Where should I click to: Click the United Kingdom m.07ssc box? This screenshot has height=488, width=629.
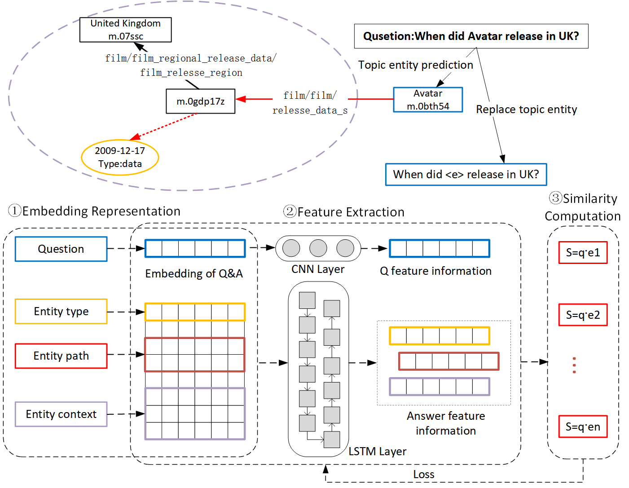click(125, 30)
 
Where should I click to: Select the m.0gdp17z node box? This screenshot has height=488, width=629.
click(200, 101)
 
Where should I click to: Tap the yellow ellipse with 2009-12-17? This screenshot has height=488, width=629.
click(120, 157)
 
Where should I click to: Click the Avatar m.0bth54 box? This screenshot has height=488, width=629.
click(428, 100)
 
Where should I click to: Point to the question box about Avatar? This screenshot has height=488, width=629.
click(471, 36)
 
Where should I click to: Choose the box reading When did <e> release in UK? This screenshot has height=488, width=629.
click(466, 174)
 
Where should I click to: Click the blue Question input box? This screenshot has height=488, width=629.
click(61, 249)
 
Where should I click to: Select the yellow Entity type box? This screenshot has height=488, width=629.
click(61, 312)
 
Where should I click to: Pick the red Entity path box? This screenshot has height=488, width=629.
click(61, 356)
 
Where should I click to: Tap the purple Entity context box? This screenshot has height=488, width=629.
click(61, 414)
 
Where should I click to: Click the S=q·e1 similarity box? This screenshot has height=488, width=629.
click(583, 252)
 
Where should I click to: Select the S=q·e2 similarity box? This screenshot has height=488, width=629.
click(583, 315)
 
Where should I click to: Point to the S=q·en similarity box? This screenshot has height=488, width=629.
click(583, 426)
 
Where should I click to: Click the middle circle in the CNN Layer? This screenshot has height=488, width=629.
click(318, 248)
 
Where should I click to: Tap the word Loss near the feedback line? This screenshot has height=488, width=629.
click(423, 475)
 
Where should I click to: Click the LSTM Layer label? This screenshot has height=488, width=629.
click(378, 451)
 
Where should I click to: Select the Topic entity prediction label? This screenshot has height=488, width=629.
click(415, 65)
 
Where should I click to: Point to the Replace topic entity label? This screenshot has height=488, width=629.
click(526, 110)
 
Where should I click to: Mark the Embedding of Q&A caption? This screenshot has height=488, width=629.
click(194, 274)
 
